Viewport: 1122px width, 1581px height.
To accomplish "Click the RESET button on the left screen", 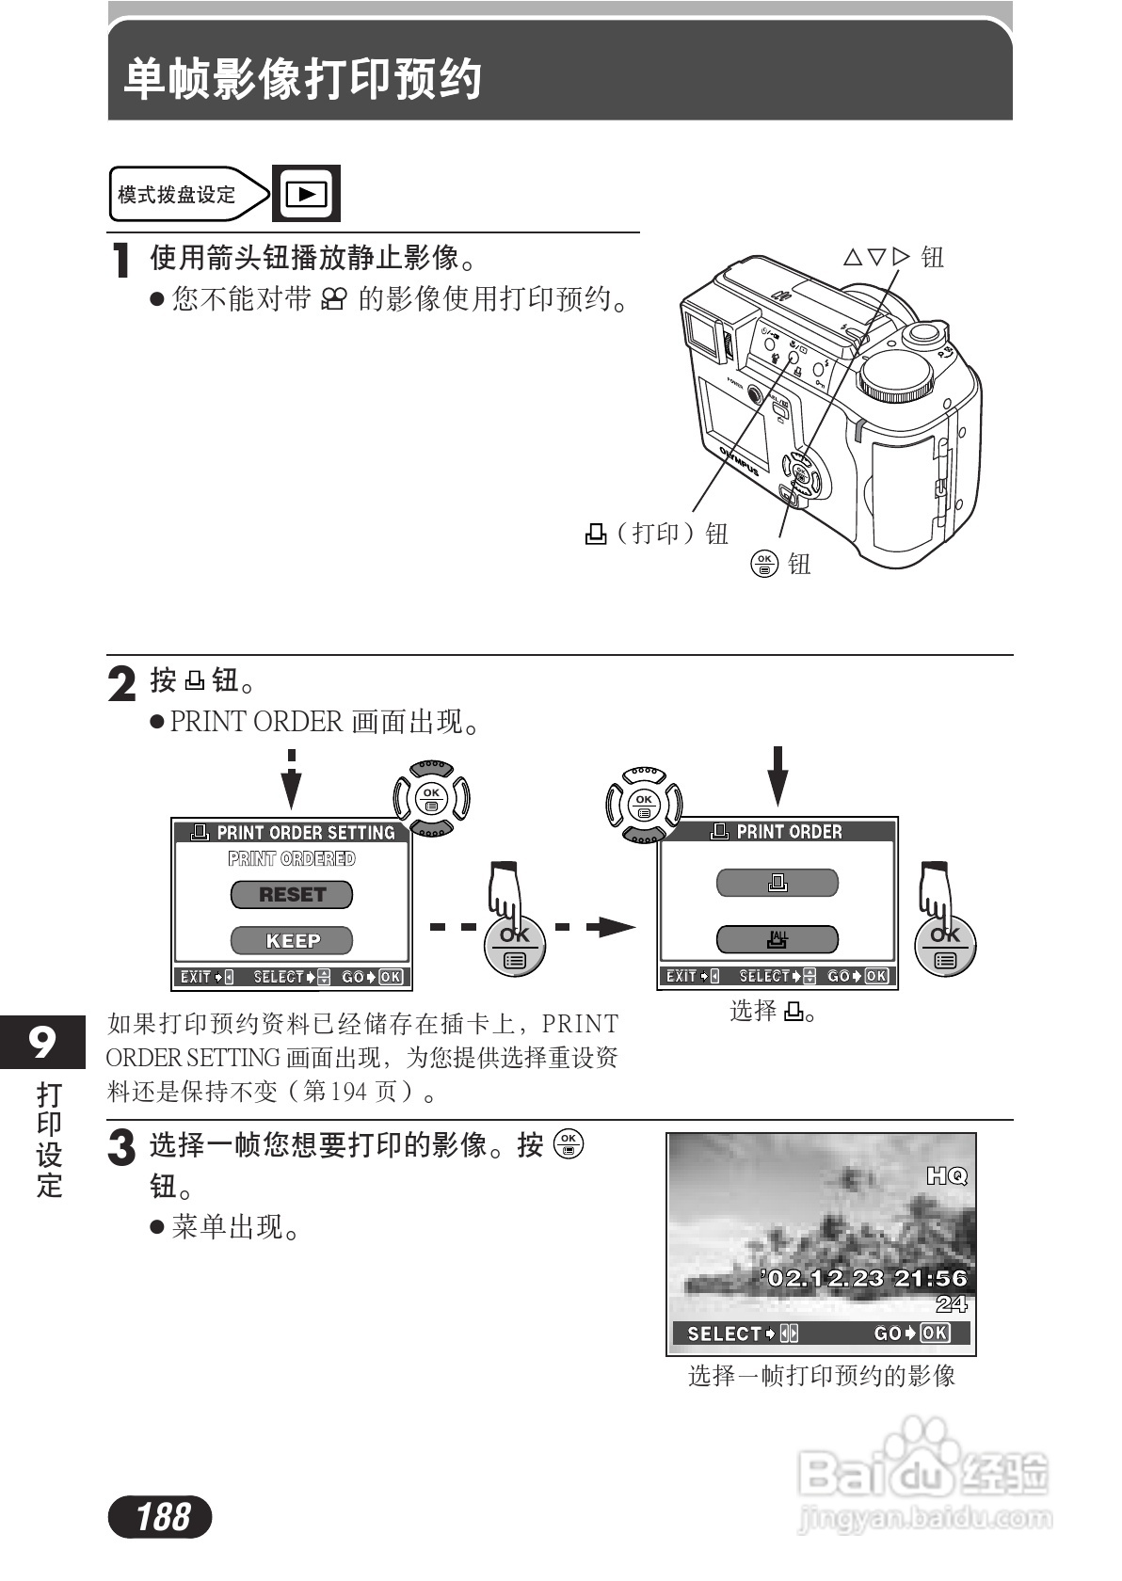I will click(292, 895).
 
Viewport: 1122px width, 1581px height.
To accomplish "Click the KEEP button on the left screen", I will click(292, 940).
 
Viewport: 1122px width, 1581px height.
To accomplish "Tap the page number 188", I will click(161, 1517).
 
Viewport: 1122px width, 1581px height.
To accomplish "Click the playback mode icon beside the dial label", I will click(306, 194).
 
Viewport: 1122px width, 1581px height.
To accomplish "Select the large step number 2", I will click(122, 684).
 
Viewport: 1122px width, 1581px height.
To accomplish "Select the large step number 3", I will click(122, 1148).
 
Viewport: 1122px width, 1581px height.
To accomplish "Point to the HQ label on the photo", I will click(946, 1176).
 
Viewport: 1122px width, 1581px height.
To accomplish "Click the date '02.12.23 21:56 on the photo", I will click(864, 1278).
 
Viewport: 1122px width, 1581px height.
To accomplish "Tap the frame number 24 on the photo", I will click(951, 1304).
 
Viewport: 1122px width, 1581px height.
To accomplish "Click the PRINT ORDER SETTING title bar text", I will click(305, 833).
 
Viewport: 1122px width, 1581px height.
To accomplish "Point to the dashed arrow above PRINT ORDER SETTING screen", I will click(293, 779).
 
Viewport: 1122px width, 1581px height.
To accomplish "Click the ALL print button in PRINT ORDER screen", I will click(777, 939).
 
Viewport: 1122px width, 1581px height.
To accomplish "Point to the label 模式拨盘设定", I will click(177, 195).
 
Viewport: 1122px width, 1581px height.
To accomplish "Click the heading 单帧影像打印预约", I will click(303, 79).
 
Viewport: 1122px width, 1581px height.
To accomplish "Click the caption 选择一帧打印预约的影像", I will click(821, 1376).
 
